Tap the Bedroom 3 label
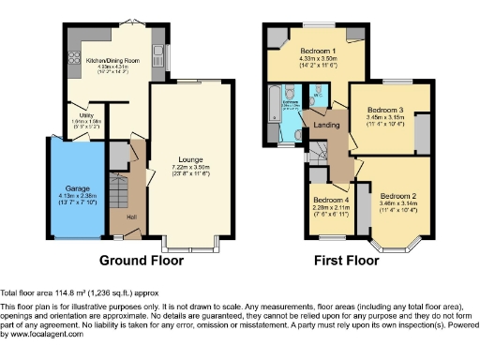click(x=385, y=109)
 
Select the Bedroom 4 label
click(x=330, y=200)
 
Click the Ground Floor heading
click(x=141, y=261)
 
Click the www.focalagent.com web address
click(x=43, y=335)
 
